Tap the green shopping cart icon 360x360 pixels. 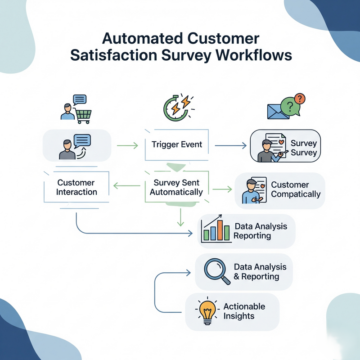[x=83, y=116]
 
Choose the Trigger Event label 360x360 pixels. [x=177, y=145]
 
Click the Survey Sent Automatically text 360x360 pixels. [x=176, y=188]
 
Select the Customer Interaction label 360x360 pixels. [x=76, y=188]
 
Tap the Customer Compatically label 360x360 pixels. [x=296, y=190]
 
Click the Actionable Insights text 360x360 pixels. [x=244, y=311]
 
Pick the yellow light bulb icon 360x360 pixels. [x=207, y=311]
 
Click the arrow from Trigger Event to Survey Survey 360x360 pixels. [x=230, y=145]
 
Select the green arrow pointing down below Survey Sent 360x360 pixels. [x=180, y=218]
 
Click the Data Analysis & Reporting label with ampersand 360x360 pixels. [x=256, y=271]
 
